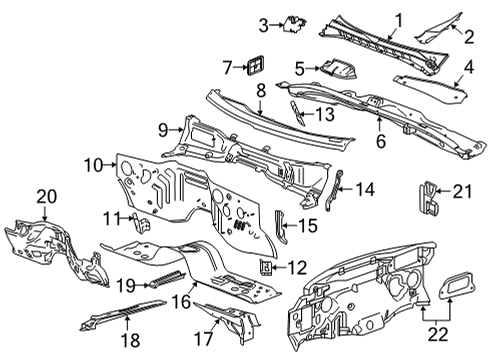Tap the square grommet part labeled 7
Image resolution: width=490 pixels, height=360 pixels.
coord(256,67)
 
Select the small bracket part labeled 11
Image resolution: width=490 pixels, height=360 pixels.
coord(143,220)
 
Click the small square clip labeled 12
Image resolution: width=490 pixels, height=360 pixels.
coord(267,266)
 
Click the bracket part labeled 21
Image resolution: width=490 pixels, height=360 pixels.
coord(429,197)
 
